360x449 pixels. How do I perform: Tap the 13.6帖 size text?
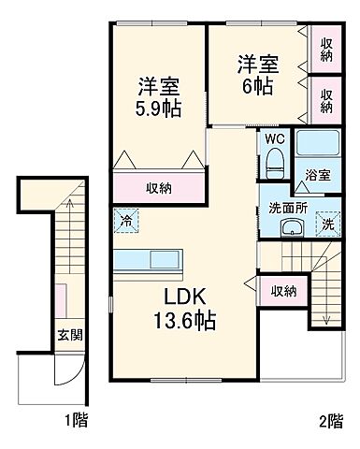point(185,322)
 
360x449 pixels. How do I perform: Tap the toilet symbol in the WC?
point(274,167)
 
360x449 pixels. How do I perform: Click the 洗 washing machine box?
point(327,224)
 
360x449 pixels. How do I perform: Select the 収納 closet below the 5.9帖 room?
point(157,187)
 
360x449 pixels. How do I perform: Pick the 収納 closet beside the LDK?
point(283,291)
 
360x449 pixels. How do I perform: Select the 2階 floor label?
point(328,421)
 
